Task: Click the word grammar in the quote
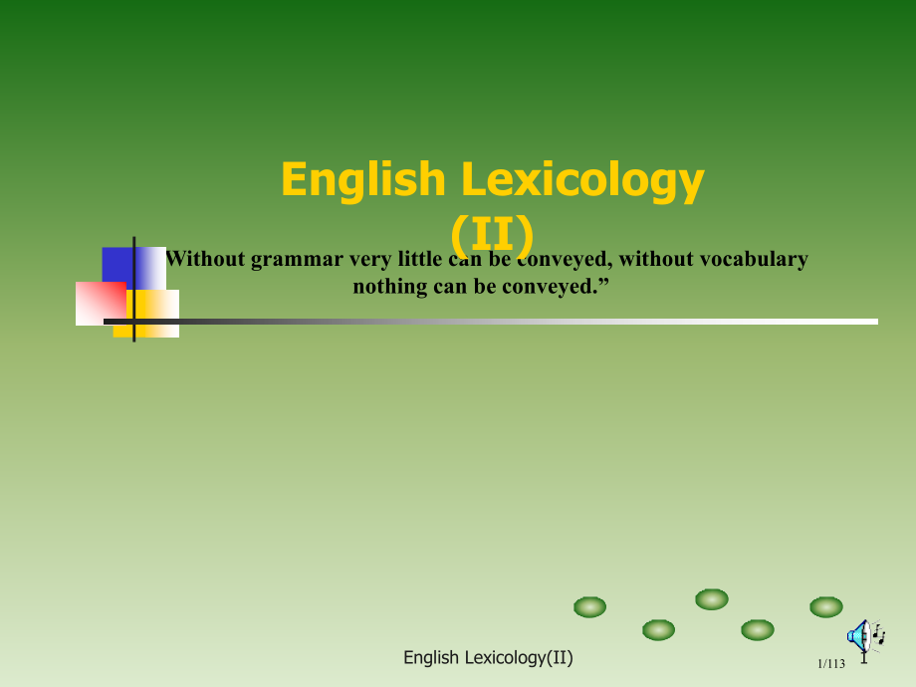[294, 260]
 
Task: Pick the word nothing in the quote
[389, 287]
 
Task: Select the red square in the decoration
[101, 303]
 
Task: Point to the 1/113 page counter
[830, 664]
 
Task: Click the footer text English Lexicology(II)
[488, 657]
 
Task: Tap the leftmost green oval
[590, 606]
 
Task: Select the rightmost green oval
[825, 606]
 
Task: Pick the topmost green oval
[711, 598]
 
